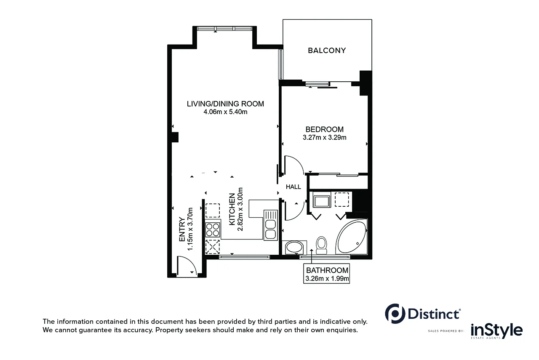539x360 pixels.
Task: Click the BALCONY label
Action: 327,51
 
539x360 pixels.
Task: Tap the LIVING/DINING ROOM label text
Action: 225,104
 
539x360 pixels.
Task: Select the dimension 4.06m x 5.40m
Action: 225,112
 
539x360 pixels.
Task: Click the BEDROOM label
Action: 324,129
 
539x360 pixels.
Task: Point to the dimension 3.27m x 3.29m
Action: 324,137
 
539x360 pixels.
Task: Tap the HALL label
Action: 294,187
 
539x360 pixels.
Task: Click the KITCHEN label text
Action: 232,209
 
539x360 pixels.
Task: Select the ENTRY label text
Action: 182,229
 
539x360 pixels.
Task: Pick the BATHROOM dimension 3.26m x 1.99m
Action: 327,278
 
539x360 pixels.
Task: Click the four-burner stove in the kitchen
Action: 213,229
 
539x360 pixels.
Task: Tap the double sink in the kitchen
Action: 270,225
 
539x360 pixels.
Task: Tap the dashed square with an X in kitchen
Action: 213,246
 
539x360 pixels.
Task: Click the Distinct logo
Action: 422,314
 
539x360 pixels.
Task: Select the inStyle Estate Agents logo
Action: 496,331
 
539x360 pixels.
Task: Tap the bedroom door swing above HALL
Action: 293,165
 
